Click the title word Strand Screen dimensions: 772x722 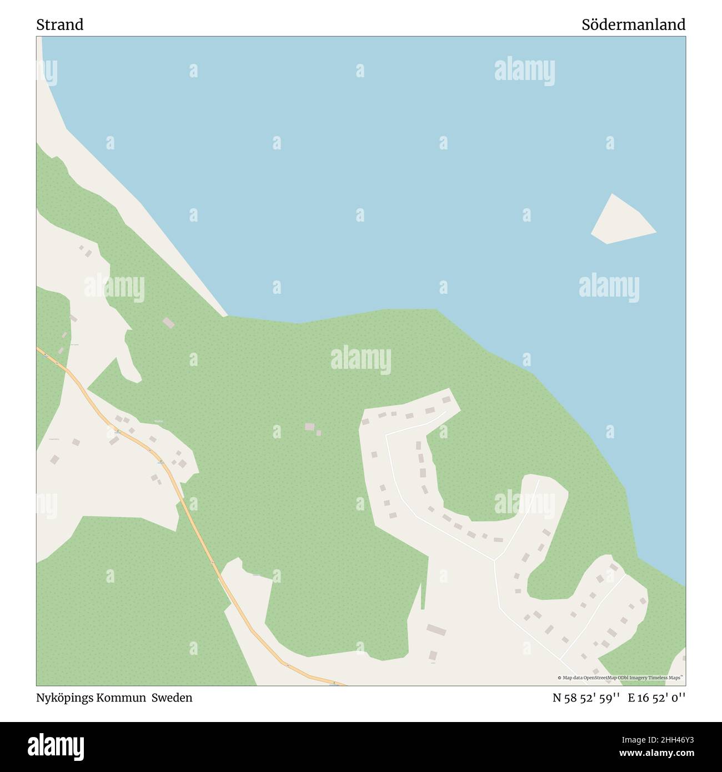[x=60, y=25]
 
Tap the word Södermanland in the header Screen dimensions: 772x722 [x=633, y=25]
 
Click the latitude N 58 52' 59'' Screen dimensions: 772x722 [x=586, y=698]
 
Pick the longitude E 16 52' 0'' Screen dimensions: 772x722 [x=657, y=698]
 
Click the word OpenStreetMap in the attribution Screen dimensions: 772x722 [x=603, y=678]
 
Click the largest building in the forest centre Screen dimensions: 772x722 [x=309, y=427]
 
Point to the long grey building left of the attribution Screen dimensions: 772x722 [x=437, y=630]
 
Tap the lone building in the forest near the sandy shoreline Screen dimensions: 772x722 [x=168, y=323]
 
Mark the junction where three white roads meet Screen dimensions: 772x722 [x=494, y=559]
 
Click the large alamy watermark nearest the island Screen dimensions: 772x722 [x=609, y=287]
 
